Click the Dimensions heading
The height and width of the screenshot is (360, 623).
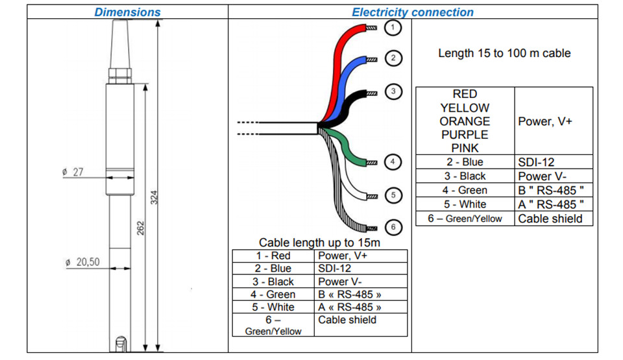tap(127, 12)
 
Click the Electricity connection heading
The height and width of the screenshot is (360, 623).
tap(413, 12)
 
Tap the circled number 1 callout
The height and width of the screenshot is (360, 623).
tap(393, 27)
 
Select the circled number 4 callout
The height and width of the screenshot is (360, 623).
tap(393, 162)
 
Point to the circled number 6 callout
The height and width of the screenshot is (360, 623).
tap(393, 227)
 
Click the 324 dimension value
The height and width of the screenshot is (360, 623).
tap(154, 197)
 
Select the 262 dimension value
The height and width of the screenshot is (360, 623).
tap(141, 228)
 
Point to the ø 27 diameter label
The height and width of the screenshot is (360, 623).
tap(73, 172)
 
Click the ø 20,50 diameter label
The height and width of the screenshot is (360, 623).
tap(82, 262)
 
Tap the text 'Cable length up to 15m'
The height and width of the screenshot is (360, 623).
tap(319, 243)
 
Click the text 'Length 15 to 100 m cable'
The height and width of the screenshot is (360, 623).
tap(504, 53)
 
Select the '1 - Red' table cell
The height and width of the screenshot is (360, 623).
tap(273, 256)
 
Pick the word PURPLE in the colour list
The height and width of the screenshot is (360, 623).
tap(465, 135)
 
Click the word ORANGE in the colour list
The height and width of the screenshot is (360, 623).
tap(465, 121)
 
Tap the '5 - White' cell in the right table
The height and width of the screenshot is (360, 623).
tap(465, 204)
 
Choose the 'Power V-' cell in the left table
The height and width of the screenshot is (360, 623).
tap(361, 282)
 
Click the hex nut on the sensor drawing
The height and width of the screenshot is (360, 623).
tap(119, 75)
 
